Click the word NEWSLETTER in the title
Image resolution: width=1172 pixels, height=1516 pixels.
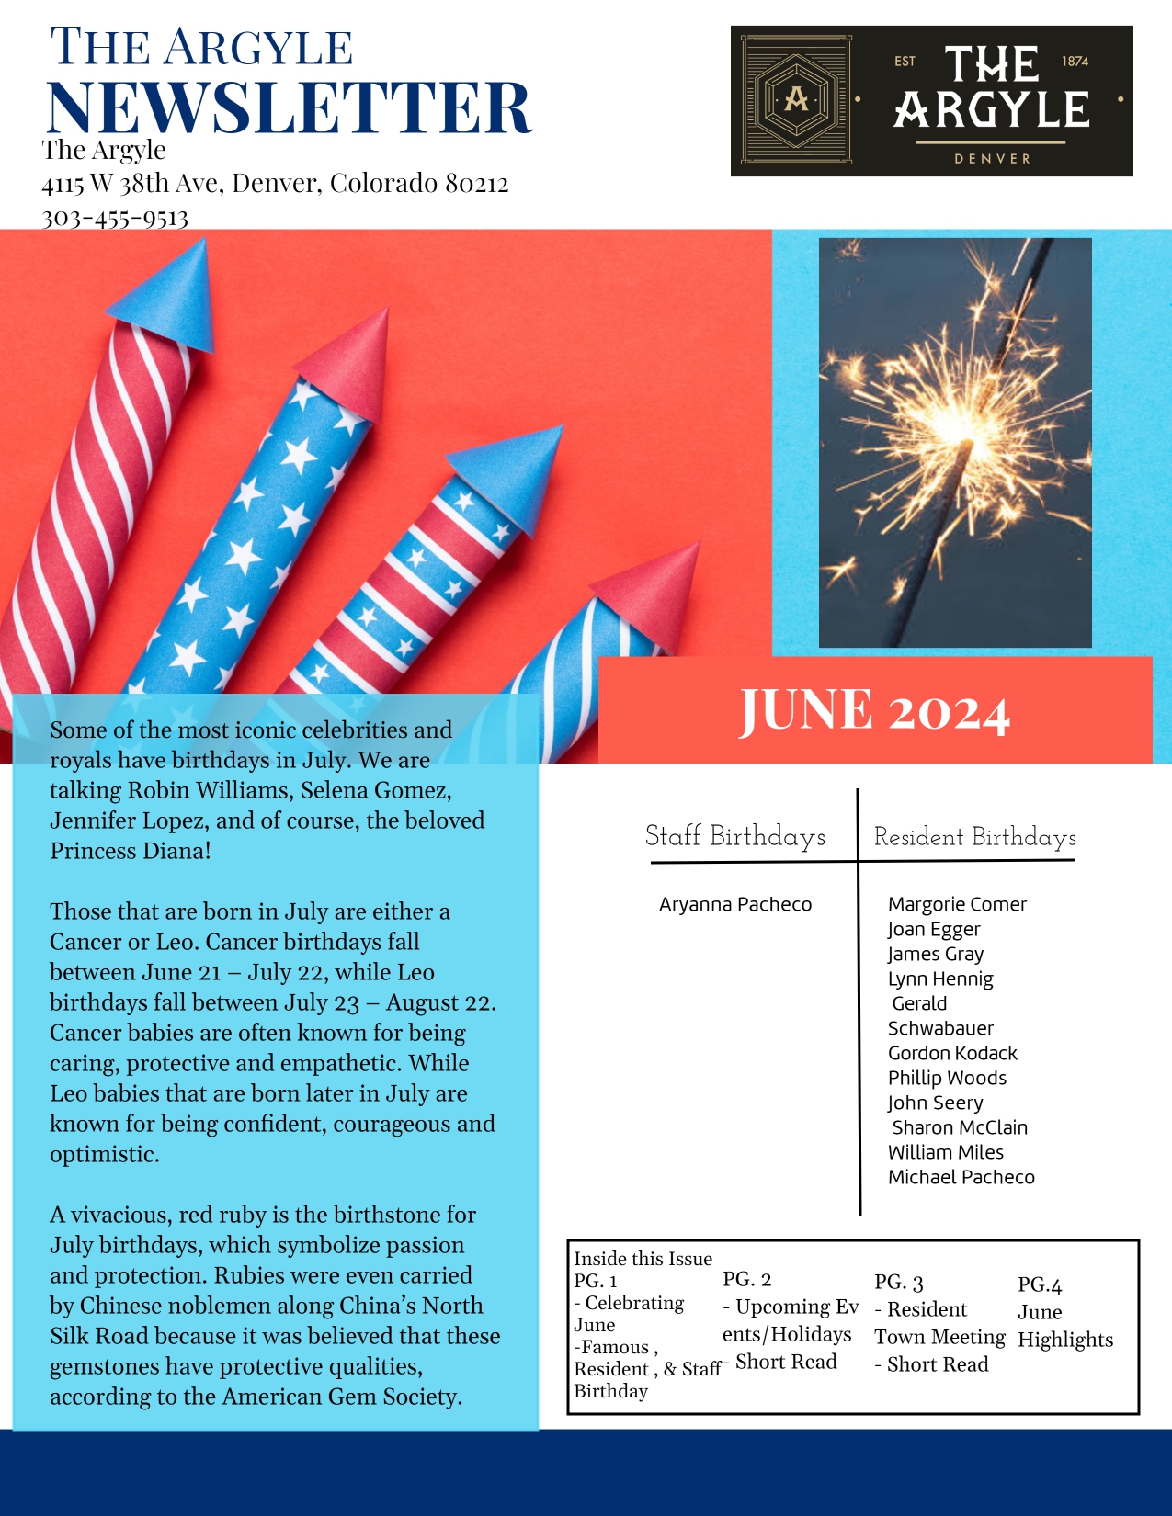[289, 107]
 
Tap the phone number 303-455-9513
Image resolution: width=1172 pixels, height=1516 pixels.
[115, 219]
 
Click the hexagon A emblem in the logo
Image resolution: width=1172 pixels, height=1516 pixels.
[796, 99]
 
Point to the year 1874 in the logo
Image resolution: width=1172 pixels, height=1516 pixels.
[1075, 61]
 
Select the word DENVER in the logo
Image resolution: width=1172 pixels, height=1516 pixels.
[992, 159]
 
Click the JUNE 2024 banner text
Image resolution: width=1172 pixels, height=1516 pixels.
[874, 711]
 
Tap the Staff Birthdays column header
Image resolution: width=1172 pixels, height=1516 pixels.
[735, 836]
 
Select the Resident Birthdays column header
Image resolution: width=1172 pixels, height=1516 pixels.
[974, 837]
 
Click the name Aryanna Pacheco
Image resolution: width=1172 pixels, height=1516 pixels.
[735, 905]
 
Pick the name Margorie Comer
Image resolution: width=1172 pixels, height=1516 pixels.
[957, 905]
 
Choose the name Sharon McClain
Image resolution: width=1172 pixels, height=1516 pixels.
[960, 1128]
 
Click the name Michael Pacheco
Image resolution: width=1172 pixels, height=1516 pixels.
[961, 1178]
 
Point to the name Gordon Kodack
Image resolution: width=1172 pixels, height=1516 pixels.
[952, 1054]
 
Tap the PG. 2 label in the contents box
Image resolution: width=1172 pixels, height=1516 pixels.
[746, 1280]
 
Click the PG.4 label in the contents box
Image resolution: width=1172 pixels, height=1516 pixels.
[1040, 1285]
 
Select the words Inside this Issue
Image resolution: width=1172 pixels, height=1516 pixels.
[643, 1259]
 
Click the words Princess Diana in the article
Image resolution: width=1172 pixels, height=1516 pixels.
[131, 851]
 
